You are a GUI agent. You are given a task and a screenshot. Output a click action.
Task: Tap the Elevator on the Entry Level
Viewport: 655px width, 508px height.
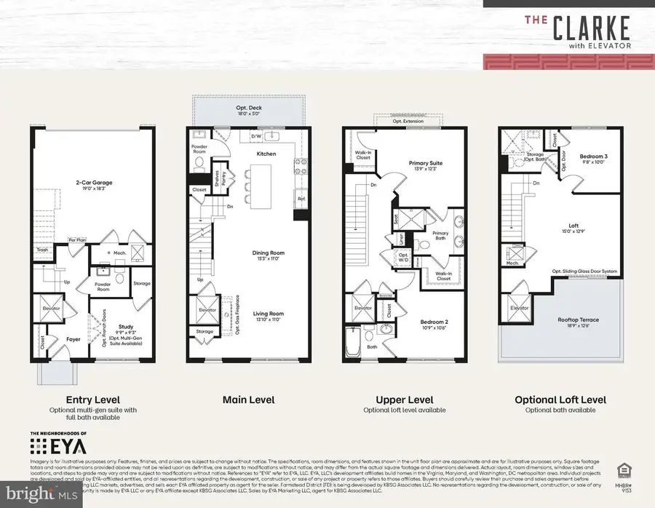[50, 307]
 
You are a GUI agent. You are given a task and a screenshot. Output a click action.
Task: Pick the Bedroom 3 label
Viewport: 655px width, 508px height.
[594, 157]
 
